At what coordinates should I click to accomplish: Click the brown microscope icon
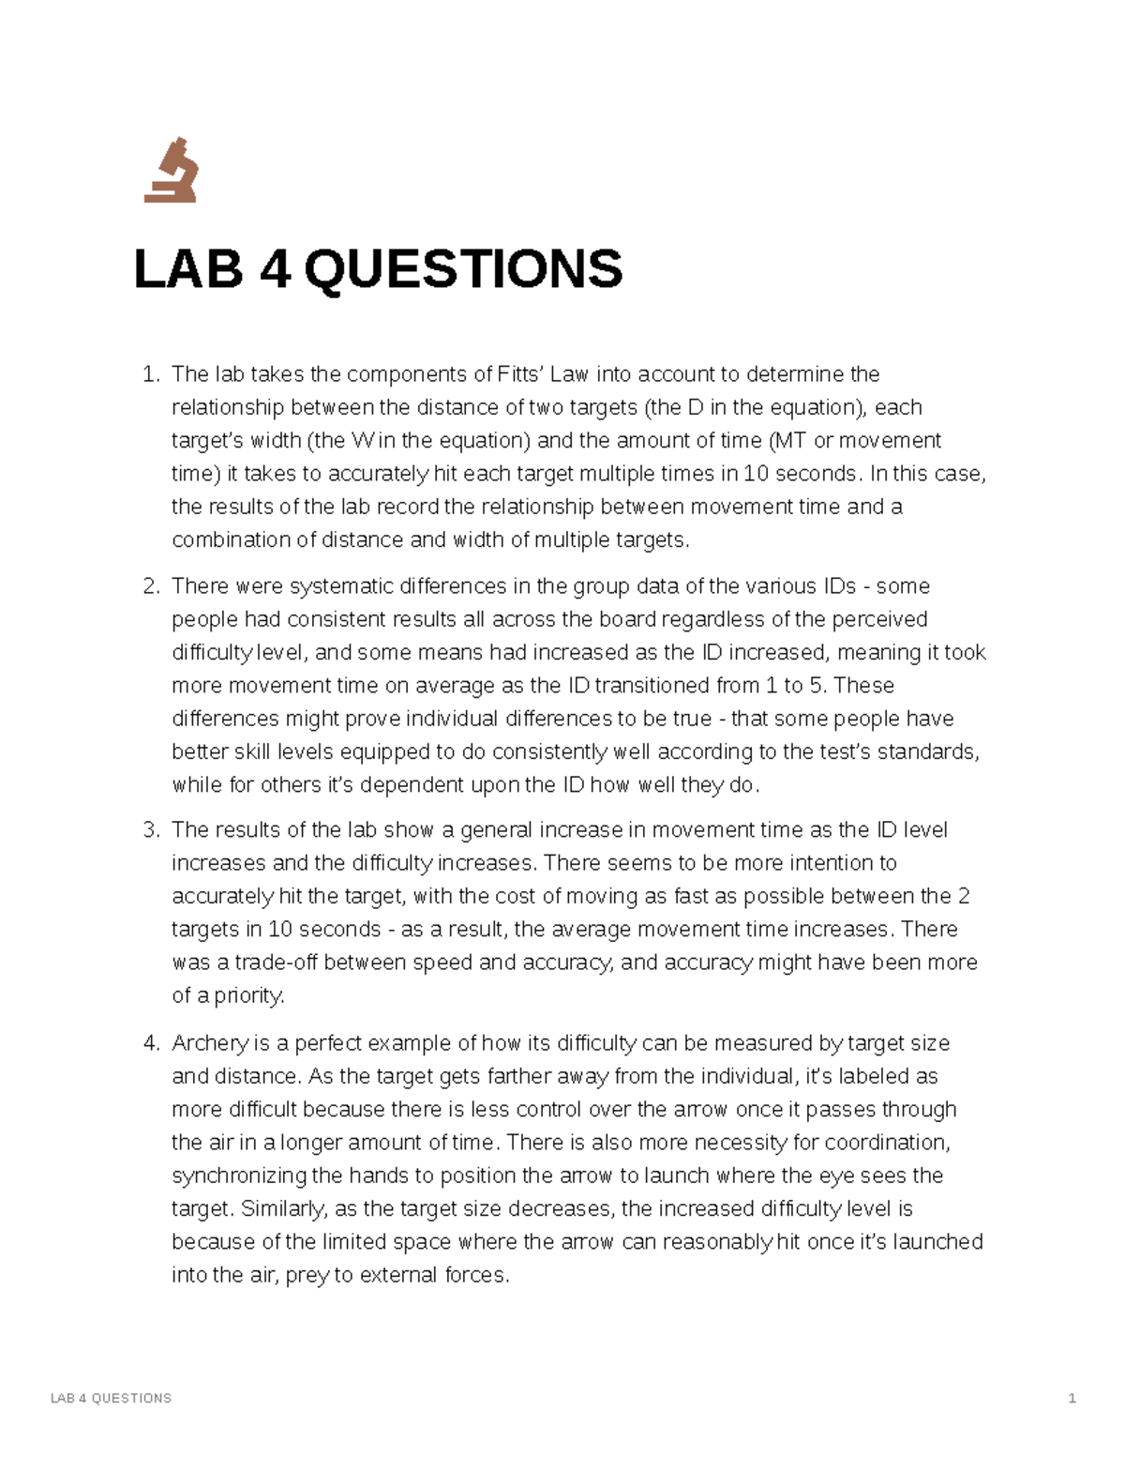[x=171, y=171]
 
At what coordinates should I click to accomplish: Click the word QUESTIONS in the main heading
[x=462, y=269]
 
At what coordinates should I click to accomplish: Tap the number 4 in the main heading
[x=274, y=269]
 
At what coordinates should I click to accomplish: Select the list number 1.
[x=150, y=375]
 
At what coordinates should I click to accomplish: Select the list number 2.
[x=150, y=587]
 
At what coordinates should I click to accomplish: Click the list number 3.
[x=150, y=831]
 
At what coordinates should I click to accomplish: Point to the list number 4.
[x=150, y=1043]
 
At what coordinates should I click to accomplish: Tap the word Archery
[x=210, y=1043]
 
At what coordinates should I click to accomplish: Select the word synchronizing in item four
[x=239, y=1176]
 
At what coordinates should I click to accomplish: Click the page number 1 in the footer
[x=1072, y=1398]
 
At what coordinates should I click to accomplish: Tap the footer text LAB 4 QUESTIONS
[x=111, y=1398]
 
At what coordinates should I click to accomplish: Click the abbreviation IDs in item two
[x=839, y=587]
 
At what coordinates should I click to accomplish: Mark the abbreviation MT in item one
[x=790, y=441]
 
